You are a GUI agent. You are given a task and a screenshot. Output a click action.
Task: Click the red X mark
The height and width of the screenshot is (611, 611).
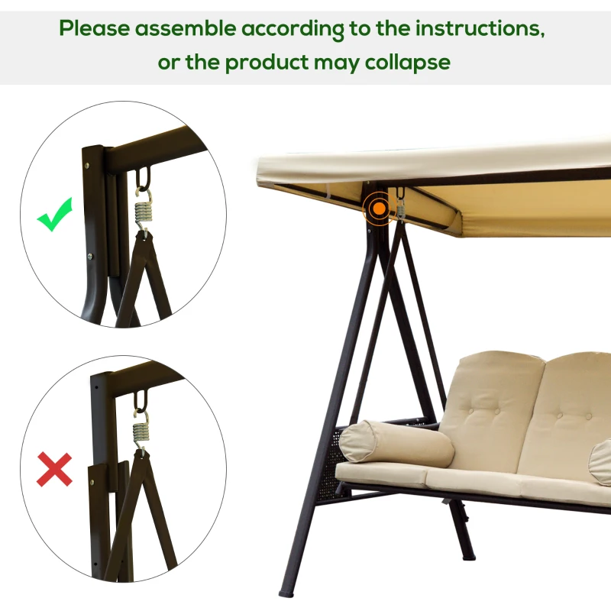(x=54, y=468)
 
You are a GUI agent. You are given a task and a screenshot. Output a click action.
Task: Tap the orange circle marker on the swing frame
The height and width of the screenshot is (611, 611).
(x=376, y=206)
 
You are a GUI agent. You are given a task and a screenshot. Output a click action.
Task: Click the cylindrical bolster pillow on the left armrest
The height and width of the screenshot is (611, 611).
(x=396, y=444)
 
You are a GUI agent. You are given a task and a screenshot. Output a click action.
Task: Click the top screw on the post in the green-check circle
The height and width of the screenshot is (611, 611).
(x=89, y=162)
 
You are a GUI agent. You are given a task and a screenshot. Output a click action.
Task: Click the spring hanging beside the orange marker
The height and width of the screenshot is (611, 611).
(x=399, y=207)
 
